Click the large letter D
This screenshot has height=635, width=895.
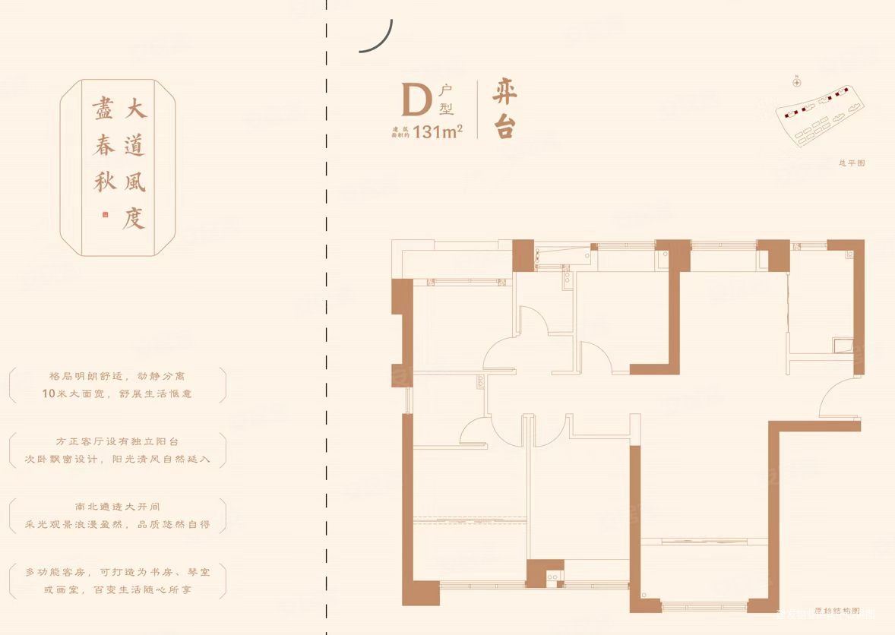click(x=416, y=100)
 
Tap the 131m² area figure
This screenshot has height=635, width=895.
click(x=440, y=131)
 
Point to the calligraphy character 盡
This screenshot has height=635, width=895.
click(x=103, y=110)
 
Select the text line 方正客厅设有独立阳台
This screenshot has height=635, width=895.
click(x=118, y=441)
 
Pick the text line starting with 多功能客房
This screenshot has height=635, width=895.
click(x=118, y=570)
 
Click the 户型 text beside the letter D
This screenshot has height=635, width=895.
click(x=445, y=100)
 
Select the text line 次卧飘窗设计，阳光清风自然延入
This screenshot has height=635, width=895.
click(x=118, y=460)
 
